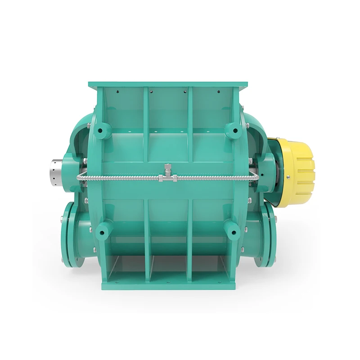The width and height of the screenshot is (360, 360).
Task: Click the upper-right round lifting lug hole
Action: pyautogui.click(x=234, y=131)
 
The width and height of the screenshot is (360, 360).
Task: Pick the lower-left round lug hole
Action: pyautogui.click(x=103, y=232)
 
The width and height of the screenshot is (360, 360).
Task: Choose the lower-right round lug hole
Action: pyautogui.click(x=234, y=232)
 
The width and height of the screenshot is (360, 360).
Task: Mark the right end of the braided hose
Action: pyautogui.click(x=255, y=178)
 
